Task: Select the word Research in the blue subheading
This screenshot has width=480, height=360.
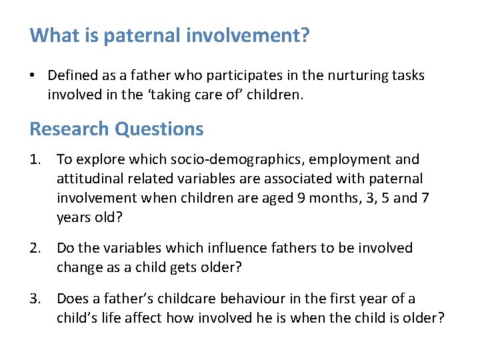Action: (70, 129)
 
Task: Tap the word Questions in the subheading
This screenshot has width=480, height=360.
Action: (159, 129)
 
